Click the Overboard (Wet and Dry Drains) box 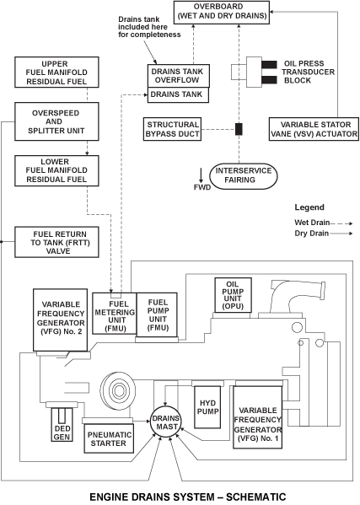[222, 13]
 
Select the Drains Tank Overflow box [179, 76]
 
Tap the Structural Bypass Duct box [172, 129]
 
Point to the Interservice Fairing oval [244, 176]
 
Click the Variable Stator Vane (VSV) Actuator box [314, 129]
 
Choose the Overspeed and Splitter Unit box [56, 121]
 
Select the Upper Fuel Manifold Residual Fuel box [56, 73]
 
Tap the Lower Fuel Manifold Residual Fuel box [56, 170]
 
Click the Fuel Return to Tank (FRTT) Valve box [56, 242]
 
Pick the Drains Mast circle [166, 422]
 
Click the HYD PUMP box [207, 407]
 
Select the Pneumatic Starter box [109, 438]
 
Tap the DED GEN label [62, 432]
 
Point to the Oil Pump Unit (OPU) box [234, 295]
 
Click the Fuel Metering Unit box [115, 314]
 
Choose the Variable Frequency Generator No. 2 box [60, 320]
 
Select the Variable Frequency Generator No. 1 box [258, 417]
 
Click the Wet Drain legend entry [323, 223]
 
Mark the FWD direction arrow [201, 175]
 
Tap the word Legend [309, 207]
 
